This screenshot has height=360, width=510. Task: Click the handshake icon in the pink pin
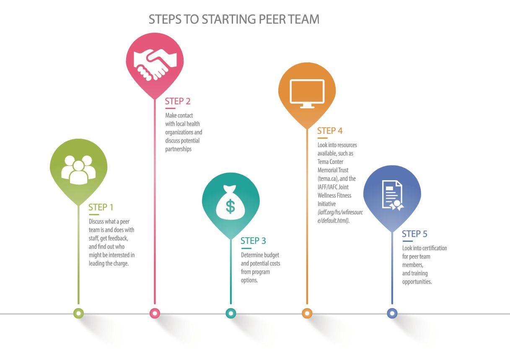tap(155, 64)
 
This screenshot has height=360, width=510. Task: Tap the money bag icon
tap(230, 202)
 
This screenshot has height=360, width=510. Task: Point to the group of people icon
tap(78, 169)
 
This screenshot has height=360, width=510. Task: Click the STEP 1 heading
tap(101, 207)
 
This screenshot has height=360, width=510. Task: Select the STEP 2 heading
tap(178, 101)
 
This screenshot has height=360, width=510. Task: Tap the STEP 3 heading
tap(253, 241)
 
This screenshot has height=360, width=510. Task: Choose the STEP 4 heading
tap(330, 131)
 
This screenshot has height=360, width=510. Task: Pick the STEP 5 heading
tap(414, 234)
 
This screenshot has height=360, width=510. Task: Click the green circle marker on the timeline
tap(78, 313)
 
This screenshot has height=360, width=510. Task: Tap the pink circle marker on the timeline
tap(155, 313)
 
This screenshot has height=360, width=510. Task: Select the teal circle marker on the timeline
tap(230, 313)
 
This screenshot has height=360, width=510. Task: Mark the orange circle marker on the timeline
tap(307, 313)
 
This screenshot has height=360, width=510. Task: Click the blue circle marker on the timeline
tap(392, 313)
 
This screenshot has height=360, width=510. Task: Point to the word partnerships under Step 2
tap(178, 149)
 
